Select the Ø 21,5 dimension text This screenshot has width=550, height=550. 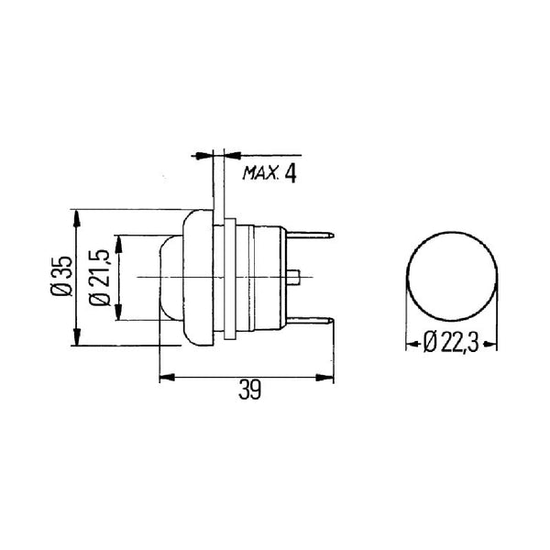100,278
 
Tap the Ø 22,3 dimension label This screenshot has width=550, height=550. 451,342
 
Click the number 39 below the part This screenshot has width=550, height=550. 249,390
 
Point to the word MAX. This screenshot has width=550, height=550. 260,173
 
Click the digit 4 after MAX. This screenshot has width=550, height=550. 290,173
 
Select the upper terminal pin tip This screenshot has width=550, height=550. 332,236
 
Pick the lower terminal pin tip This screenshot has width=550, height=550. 332,320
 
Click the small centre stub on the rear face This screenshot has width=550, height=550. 293,277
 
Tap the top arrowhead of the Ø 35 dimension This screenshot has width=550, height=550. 77,218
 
